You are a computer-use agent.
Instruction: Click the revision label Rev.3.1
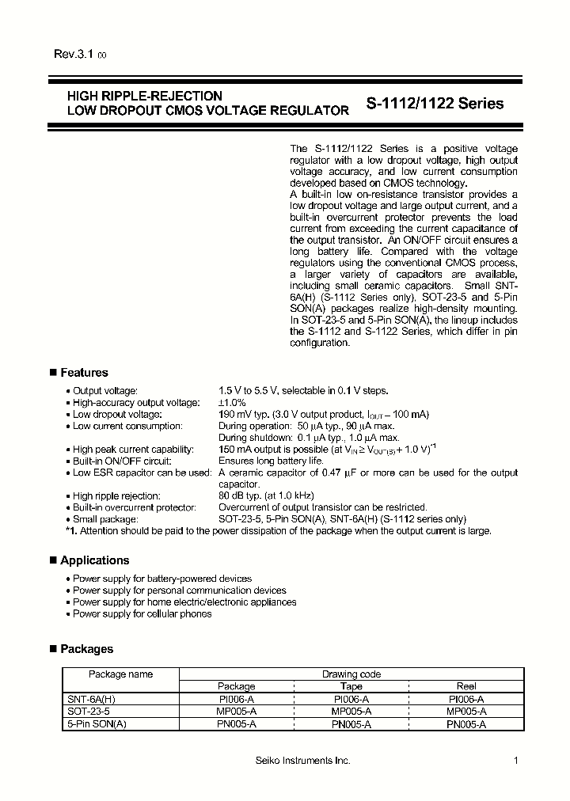74,55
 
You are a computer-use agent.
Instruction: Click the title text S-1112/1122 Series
435,104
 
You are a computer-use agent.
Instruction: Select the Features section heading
84,373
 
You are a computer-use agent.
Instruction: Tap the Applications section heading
94,560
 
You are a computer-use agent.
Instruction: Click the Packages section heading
86,649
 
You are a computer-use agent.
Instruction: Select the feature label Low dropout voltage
117,415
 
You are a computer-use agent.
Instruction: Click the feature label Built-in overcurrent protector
134,507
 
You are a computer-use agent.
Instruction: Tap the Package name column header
120,674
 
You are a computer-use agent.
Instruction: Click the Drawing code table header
351,674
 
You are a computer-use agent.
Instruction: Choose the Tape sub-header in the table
351,686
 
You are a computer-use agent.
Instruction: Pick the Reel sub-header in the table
466,686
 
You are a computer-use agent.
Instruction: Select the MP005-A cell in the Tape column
351,711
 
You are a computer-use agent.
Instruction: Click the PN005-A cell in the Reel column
466,723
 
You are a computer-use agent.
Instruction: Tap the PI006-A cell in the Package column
236,699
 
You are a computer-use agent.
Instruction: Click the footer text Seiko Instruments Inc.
302,761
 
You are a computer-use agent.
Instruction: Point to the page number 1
515,761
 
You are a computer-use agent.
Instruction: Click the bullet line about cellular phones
142,613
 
